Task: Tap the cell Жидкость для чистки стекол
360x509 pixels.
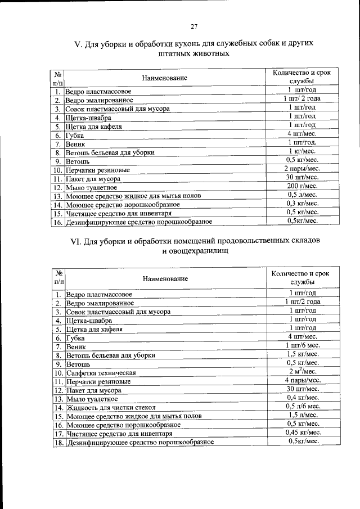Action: (x=110, y=407)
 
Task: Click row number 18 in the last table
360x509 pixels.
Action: (x=58, y=442)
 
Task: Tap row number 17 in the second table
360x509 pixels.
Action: (x=58, y=433)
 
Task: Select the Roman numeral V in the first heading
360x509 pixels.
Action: (x=78, y=43)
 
